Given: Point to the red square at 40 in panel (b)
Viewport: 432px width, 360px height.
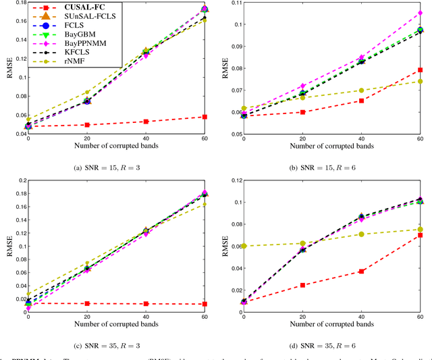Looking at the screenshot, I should click(x=361, y=101).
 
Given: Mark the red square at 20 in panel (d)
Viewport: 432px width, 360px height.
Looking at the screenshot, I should click(x=302, y=285).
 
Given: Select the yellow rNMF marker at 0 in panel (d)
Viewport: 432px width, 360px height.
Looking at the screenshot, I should click(x=244, y=246).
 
